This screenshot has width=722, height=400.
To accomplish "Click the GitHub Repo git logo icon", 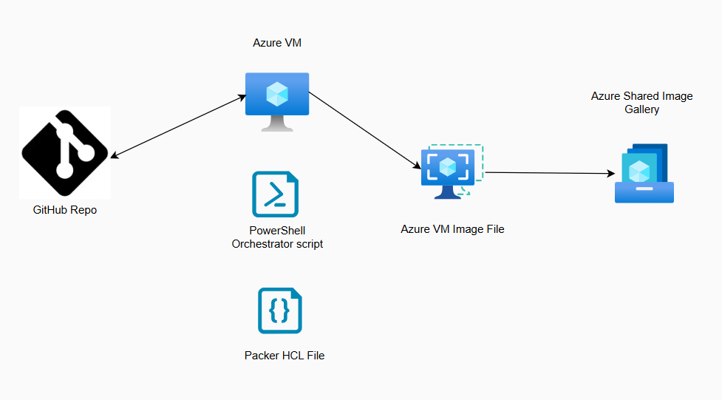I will click(x=65, y=152).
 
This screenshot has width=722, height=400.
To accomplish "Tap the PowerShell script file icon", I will click(x=275, y=194).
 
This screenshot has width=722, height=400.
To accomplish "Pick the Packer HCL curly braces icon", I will click(x=279, y=311).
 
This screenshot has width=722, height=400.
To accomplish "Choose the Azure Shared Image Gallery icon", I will click(x=644, y=174).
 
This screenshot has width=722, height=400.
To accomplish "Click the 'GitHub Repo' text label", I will click(x=65, y=210).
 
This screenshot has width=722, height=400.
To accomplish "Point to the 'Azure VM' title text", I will click(x=277, y=44).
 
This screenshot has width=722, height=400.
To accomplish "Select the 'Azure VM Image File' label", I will click(x=452, y=229).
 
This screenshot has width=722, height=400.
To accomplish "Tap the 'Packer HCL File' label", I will click(x=285, y=356).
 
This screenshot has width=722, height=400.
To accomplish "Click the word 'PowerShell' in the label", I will click(x=277, y=231).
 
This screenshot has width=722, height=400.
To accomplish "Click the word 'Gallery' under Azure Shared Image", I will click(x=641, y=109).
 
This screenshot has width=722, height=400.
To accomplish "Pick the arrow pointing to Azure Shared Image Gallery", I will click(x=551, y=174).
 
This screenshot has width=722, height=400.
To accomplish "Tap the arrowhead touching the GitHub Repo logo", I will click(x=114, y=156).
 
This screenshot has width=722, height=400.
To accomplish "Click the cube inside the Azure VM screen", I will click(x=277, y=93).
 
